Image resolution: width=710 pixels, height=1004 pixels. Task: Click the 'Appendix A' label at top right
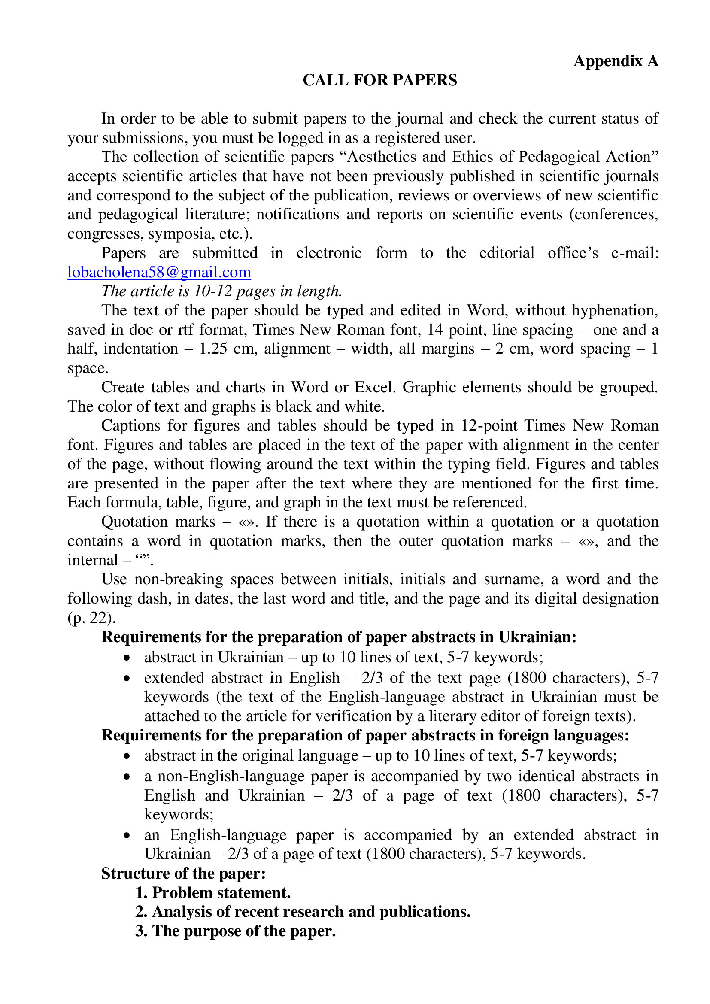point(616,61)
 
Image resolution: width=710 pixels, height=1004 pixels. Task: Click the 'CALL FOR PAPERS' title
point(379,80)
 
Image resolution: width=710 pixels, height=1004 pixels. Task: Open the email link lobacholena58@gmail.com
point(159,273)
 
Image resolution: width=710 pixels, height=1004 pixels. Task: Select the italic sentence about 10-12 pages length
point(221,291)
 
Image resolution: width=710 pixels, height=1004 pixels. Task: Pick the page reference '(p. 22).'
point(92,617)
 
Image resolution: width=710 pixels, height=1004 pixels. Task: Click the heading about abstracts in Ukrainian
point(339,637)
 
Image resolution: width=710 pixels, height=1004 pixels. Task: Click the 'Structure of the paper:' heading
point(184,873)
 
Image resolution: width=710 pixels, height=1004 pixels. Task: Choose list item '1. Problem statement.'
point(213,892)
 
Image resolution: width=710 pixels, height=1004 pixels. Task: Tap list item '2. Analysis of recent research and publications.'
point(303,912)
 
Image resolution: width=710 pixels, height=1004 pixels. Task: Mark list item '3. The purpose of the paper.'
point(235,931)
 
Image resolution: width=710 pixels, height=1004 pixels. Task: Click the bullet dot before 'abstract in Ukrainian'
point(127,658)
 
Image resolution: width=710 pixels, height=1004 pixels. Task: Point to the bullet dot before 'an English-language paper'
point(127,836)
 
